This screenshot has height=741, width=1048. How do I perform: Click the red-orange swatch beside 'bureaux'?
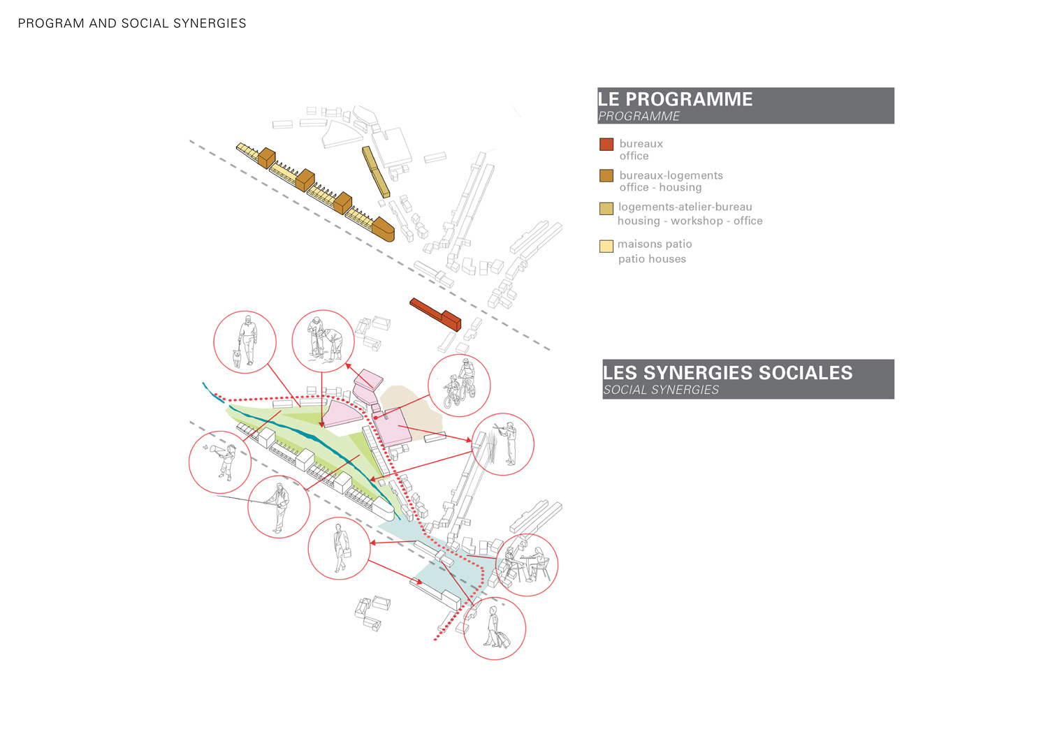pos(606,145)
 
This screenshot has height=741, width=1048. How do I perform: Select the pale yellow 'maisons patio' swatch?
pos(606,246)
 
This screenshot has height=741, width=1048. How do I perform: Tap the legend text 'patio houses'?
pos(652,259)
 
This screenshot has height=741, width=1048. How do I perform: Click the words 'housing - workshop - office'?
pos(690,221)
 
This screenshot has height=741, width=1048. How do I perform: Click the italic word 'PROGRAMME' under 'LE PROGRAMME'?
pos(639,117)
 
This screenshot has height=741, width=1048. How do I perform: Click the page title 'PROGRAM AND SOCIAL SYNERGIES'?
pos(132,24)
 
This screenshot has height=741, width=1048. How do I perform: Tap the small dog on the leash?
pos(238,357)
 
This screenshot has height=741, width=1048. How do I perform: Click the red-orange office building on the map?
pos(436,314)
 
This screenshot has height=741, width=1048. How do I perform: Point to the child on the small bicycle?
pos(452,392)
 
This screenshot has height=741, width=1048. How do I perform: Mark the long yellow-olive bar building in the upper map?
pos(377,172)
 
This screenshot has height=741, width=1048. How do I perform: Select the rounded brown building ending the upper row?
pos(383,229)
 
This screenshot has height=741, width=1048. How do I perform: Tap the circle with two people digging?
pos(323,341)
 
